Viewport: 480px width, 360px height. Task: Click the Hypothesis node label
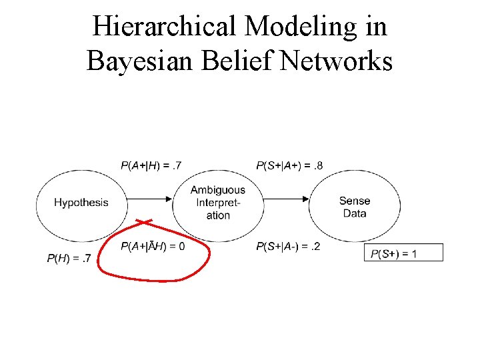pos(81,203)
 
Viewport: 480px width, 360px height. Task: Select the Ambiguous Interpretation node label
pos(218,203)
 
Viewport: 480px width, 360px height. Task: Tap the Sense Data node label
pos(354,207)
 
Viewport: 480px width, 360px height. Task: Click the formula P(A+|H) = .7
pos(151,165)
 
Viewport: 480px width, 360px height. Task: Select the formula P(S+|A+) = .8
pos(289,165)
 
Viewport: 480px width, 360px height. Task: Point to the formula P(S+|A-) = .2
pos(288,247)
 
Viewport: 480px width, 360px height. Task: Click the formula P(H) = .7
pos(69,258)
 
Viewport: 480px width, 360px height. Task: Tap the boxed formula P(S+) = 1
pos(403,253)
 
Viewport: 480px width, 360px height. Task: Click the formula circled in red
pos(153,247)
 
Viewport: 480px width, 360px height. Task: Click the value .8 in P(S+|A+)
pos(316,165)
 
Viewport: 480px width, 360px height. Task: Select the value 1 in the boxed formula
pos(414,253)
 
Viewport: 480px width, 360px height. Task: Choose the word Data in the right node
pos(354,213)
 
